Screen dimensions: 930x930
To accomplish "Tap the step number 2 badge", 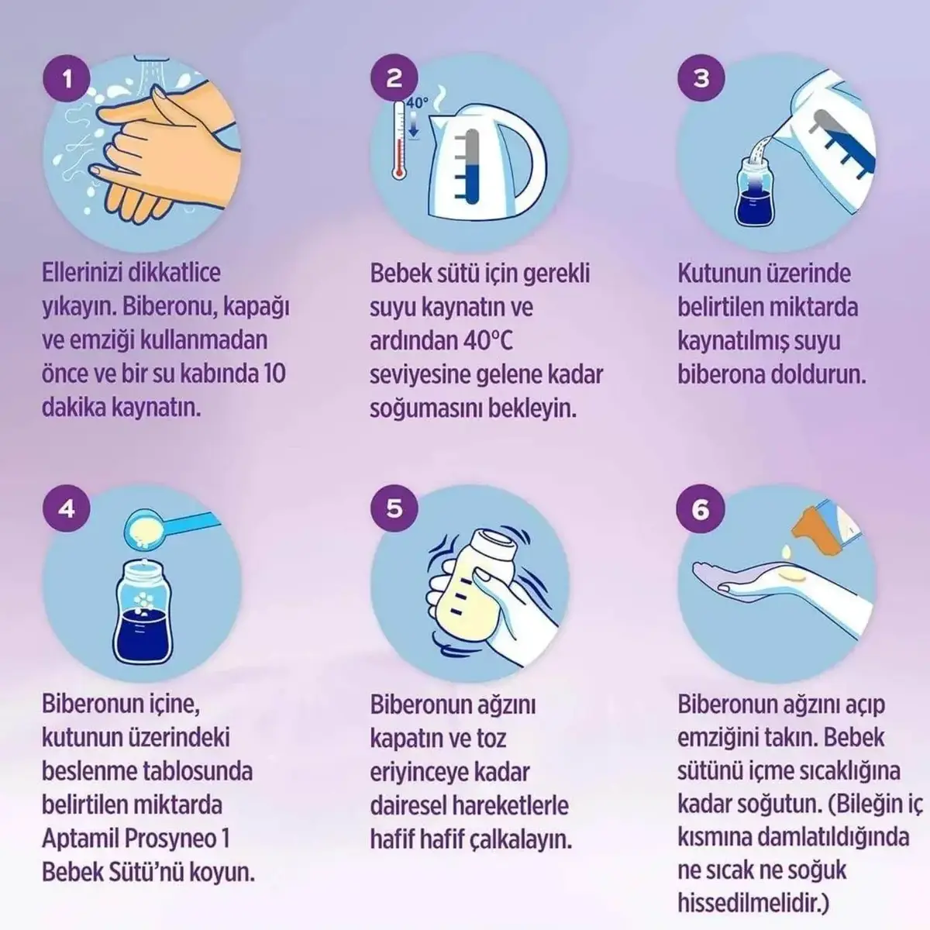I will point(394,78).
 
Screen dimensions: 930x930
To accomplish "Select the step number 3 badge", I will point(701,78).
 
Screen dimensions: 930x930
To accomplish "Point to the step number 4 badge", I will point(67,508).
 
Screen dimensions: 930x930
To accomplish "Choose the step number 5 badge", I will point(394,508).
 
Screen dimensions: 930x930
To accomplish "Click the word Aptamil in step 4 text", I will point(82,839).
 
